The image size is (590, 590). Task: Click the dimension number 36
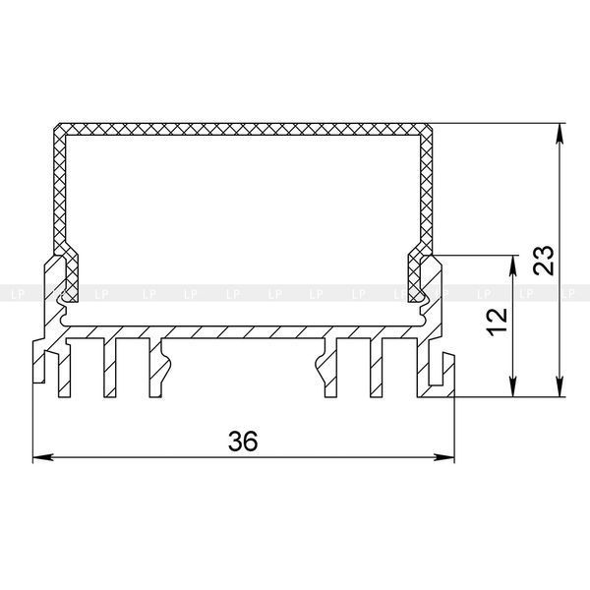[x=243, y=441]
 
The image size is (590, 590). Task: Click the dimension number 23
[x=545, y=261]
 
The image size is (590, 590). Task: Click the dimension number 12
[x=497, y=322]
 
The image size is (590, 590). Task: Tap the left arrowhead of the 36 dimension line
[x=42, y=457]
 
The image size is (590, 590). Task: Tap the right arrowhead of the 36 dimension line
[x=444, y=457]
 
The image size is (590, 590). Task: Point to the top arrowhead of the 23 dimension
[x=560, y=134]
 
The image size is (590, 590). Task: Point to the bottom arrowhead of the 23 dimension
[x=560, y=386]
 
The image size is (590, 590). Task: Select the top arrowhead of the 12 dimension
[x=512, y=266]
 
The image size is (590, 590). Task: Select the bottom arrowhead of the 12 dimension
[x=512, y=386]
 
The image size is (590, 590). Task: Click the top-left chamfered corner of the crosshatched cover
[x=57, y=127]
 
